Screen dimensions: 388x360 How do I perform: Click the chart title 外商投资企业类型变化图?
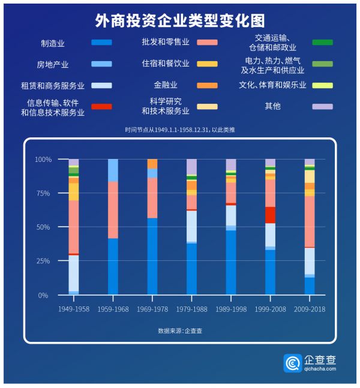click(x=179, y=21)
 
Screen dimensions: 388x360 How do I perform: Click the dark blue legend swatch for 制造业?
click(x=101, y=43)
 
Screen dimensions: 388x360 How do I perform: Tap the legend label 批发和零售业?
click(x=166, y=42)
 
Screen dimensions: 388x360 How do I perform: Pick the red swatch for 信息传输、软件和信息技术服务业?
click(x=101, y=107)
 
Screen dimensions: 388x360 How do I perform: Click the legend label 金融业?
click(x=166, y=85)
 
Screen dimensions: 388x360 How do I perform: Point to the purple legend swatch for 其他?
click(x=322, y=106)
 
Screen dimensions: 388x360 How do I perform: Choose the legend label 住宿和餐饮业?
click(x=166, y=63)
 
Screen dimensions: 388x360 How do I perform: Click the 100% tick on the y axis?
click(x=43, y=160)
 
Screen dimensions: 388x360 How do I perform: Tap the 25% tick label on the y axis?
click(x=43, y=261)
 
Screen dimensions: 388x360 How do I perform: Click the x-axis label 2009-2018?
click(x=310, y=309)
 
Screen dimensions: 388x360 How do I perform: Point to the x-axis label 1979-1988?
click(x=191, y=309)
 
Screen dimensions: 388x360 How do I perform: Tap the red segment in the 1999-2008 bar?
click(x=270, y=215)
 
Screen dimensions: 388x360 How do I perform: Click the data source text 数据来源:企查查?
click(x=180, y=330)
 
